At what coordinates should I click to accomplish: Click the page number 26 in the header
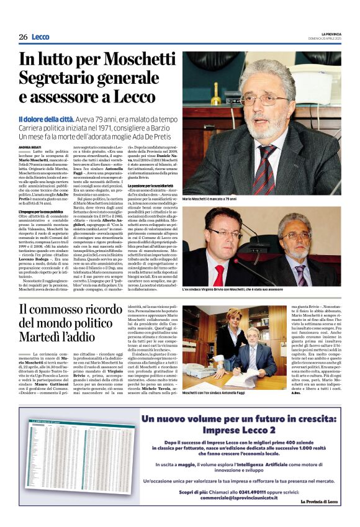23,37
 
